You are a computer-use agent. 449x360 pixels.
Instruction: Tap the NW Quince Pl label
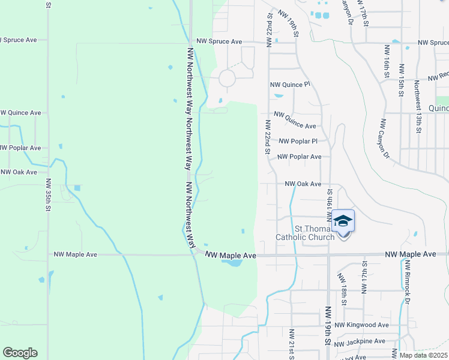tap(290, 85)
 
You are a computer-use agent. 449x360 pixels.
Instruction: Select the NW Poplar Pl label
tap(298, 142)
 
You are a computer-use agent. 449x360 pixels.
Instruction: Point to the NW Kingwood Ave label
tap(362, 325)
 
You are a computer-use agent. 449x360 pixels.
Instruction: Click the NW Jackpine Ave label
tap(360, 341)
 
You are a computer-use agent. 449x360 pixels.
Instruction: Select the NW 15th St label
tap(401, 78)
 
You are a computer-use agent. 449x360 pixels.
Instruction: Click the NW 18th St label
tap(343, 288)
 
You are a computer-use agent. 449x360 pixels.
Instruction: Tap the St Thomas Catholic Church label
tap(305, 233)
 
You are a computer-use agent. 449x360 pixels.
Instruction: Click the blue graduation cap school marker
tap(343, 221)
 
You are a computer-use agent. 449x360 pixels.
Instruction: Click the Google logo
tap(20, 353)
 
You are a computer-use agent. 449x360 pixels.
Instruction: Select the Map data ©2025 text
tap(423, 355)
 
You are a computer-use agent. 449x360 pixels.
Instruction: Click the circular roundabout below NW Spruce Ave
tap(227, 78)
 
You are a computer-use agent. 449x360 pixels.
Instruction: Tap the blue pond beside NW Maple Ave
tap(233, 263)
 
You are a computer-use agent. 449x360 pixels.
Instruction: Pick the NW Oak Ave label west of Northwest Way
tap(19, 172)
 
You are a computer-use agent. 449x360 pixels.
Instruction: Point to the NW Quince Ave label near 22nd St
tap(295, 121)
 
